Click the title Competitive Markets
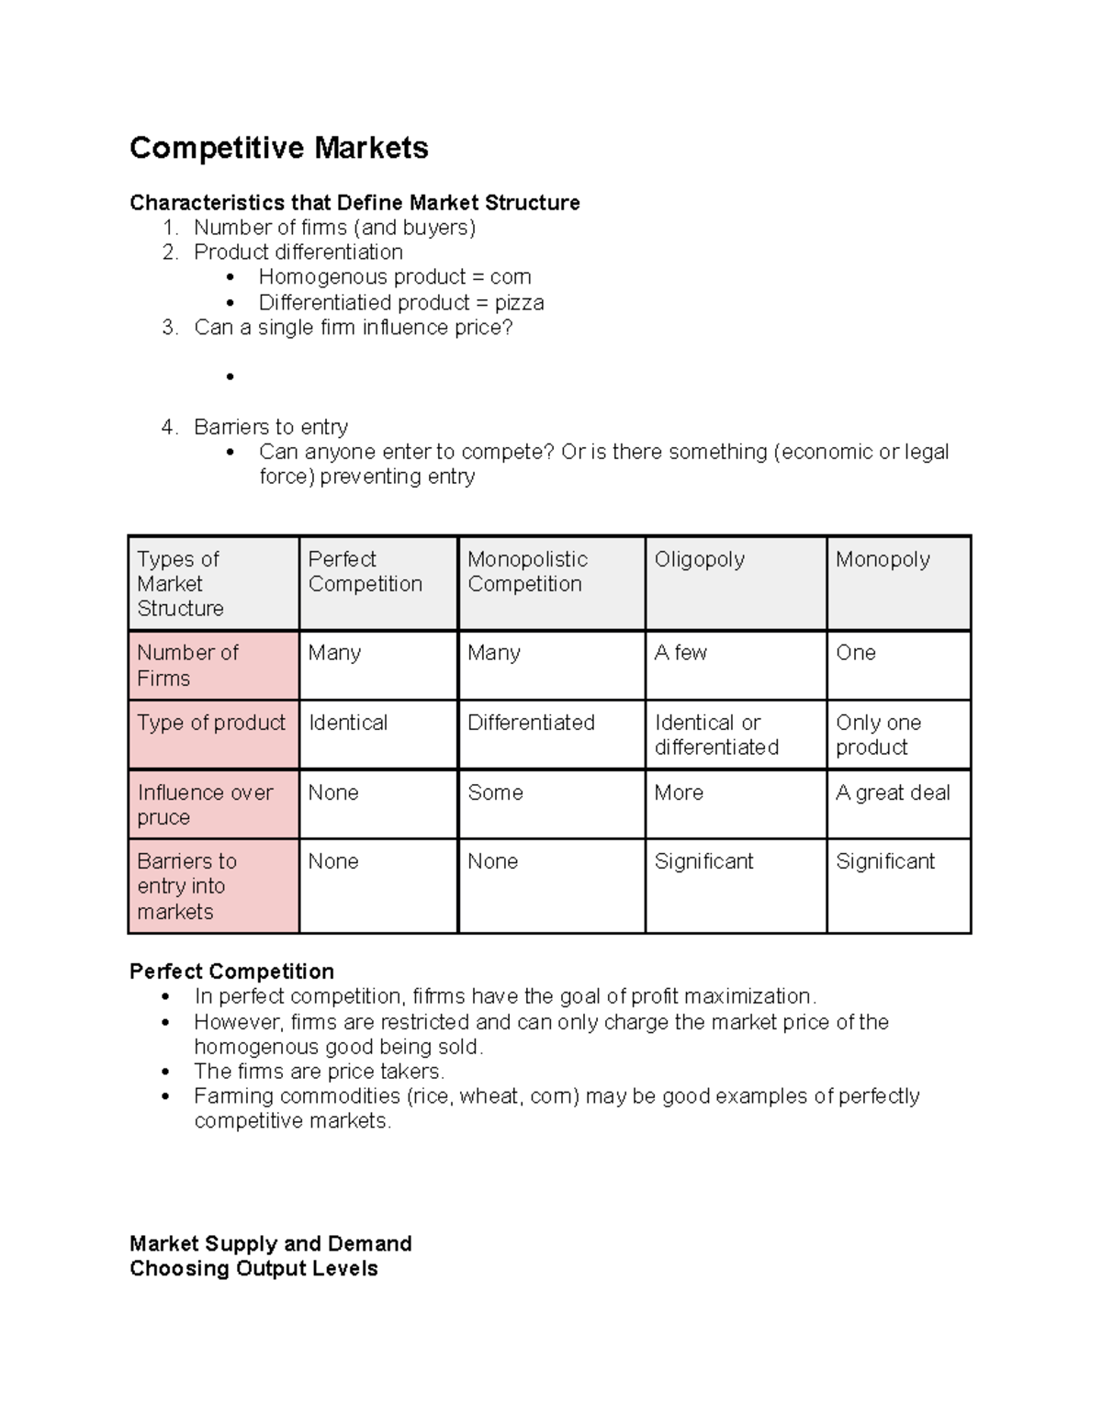pyautogui.click(x=278, y=148)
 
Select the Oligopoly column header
pyautogui.click(x=699, y=559)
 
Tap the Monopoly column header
pyautogui.click(x=882, y=559)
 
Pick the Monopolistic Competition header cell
pyautogui.click(x=527, y=571)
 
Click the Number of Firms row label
pyautogui.click(x=187, y=665)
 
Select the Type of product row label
pyautogui.click(x=211, y=723)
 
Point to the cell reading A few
pyautogui.click(x=680, y=653)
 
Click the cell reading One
pyautogui.click(x=855, y=653)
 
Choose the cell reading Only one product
pyautogui.click(x=878, y=735)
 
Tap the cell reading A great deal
pyautogui.click(x=892, y=792)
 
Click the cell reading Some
pyautogui.click(x=495, y=792)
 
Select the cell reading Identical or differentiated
pyautogui.click(x=715, y=735)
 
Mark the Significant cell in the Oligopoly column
pyautogui.click(x=703, y=861)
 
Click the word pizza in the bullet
pyautogui.click(x=519, y=303)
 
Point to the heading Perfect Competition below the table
pyautogui.click(x=231, y=971)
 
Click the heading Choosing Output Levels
pyautogui.click(x=253, y=1269)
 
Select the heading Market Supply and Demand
pyautogui.click(x=270, y=1244)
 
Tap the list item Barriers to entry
pyautogui.click(x=271, y=427)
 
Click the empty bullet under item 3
pyautogui.click(x=230, y=376)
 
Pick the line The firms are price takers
pyautogui.click(x=319, y=1072)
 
